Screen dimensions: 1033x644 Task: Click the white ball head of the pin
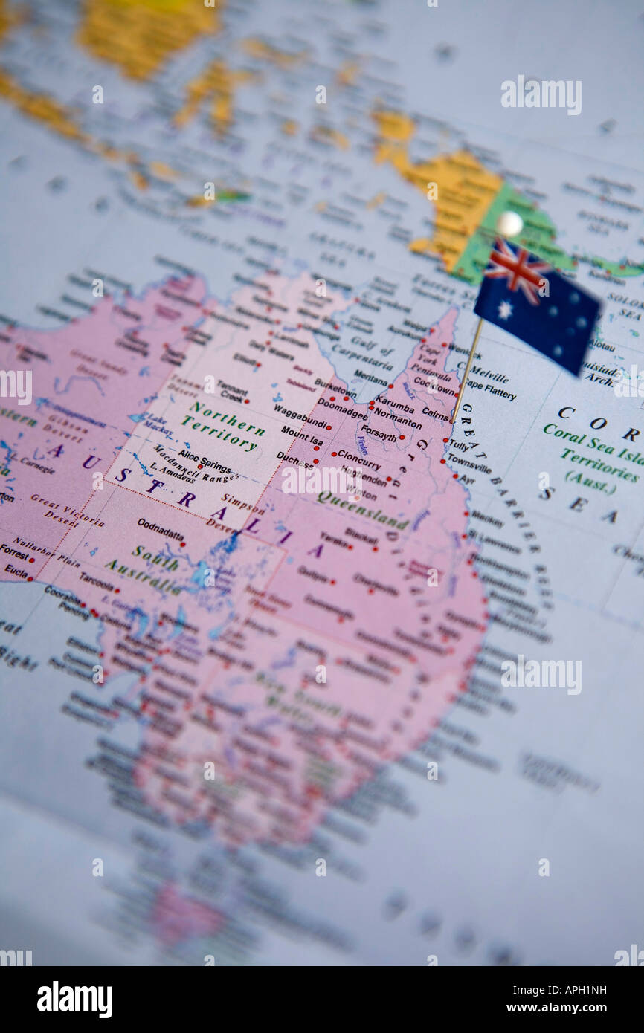(x=509, y=223)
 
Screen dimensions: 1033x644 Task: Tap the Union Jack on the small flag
(x=515, y=269)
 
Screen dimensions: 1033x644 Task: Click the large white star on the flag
(x=505, y=309)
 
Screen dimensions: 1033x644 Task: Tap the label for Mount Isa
(x=301, y=435)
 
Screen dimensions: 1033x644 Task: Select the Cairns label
(x=435, y=412)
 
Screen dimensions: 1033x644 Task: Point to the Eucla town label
(x=16, y=571)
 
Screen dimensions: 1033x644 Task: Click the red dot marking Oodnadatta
(x=183, y=544)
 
